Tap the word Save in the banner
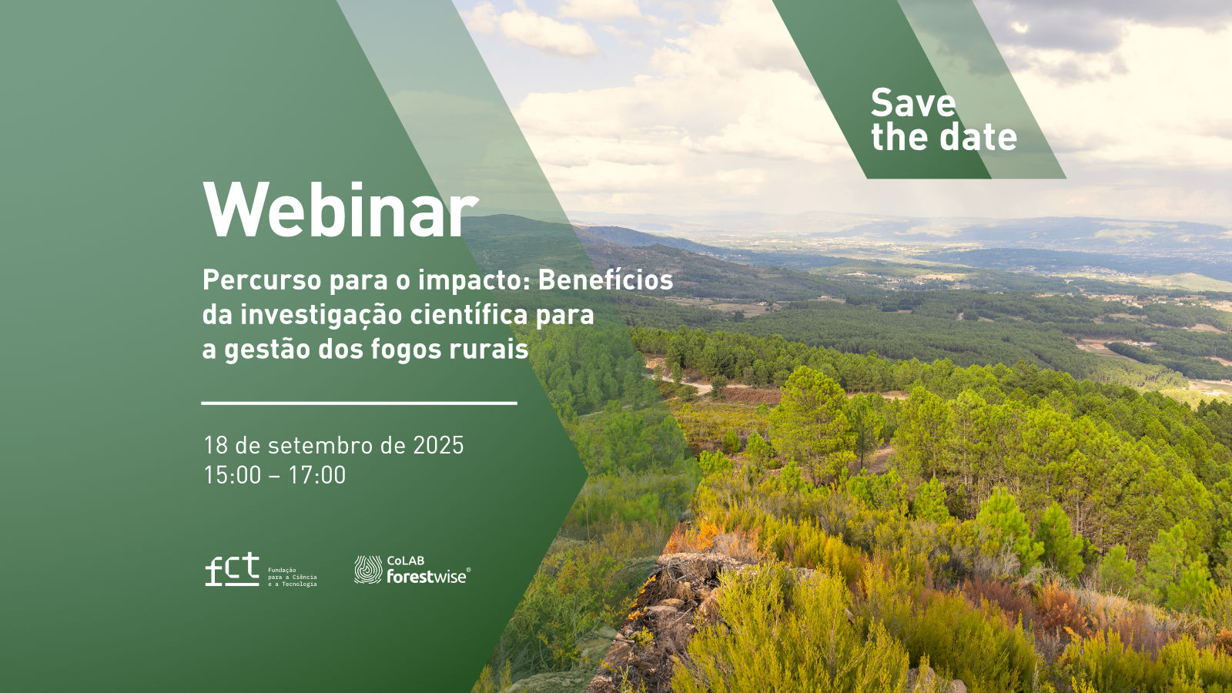[913, 103]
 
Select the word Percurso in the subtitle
[262, 281]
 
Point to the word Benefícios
[605, 280]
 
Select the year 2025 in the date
[438, 445]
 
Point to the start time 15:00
[232, 475]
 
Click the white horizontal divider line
[359, 403]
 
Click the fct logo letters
[232, 570]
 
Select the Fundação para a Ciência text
[292, 577]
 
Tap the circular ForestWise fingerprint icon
[368, 569]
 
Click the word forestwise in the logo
[427, 576]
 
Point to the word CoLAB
[405, 561]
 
